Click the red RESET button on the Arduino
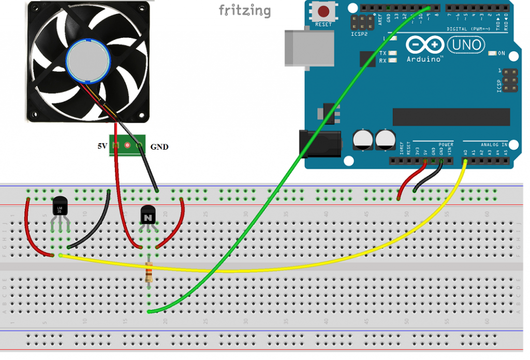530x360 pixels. pos(323,11)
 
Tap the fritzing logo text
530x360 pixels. pos(244,10)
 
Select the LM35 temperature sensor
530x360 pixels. pos(60,207)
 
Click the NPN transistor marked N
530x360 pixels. pos(149,214)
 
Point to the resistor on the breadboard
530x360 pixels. pos(150,271)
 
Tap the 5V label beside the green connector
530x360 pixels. pos(102,147)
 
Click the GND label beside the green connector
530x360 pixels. pos(159,147)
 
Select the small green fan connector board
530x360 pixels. pos(128,147)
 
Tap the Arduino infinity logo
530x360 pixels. pos(424,45)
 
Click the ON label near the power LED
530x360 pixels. pos(501,53)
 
